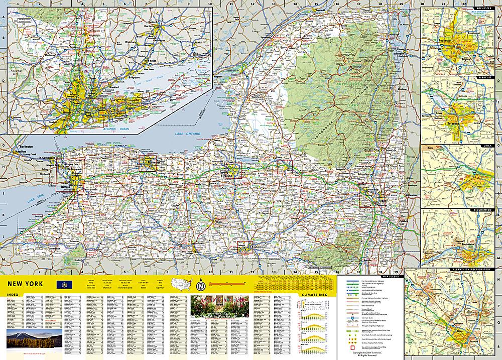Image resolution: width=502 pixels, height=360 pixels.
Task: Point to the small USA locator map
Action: [x=182, y=284]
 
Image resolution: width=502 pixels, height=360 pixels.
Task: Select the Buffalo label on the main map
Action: [x=65, y=186]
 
